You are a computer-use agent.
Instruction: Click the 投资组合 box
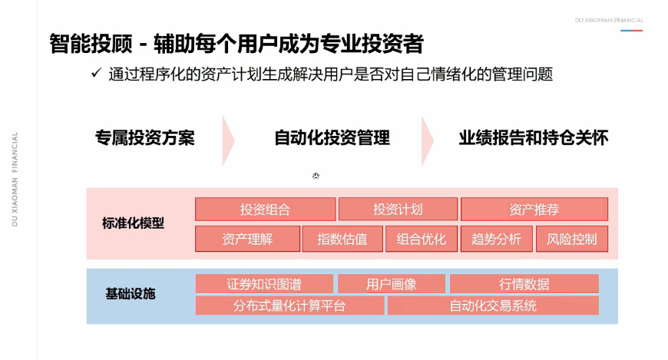coord(265,210)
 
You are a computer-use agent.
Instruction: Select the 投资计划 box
coord(398,210)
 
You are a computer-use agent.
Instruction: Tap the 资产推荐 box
coord(534,210)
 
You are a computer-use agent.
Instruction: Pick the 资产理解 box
coord(247,239)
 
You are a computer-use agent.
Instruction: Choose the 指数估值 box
coord(342,239)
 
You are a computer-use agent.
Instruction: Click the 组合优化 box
coord(422,239)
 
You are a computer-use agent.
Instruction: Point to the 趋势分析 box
coord(496,239)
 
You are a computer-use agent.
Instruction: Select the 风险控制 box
coord(571,239)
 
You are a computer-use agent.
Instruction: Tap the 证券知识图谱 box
coord(264,284)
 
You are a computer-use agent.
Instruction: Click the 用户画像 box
coord(392,284)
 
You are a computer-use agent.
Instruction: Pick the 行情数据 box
coord(524,284)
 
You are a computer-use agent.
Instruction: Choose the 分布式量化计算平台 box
coord(289,306)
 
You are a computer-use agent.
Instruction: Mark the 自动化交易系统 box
coord(493,306)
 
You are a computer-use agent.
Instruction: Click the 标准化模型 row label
coord(134,224)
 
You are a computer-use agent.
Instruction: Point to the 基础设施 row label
coord(131,294)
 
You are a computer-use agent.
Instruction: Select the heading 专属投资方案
coord(145,138)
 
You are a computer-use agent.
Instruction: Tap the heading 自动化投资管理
coord(332,138)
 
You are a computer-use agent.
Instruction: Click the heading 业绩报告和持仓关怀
coord(534,138)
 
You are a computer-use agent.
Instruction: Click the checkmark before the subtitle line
coord(96,74)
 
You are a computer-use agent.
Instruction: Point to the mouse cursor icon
coord(316,176)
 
